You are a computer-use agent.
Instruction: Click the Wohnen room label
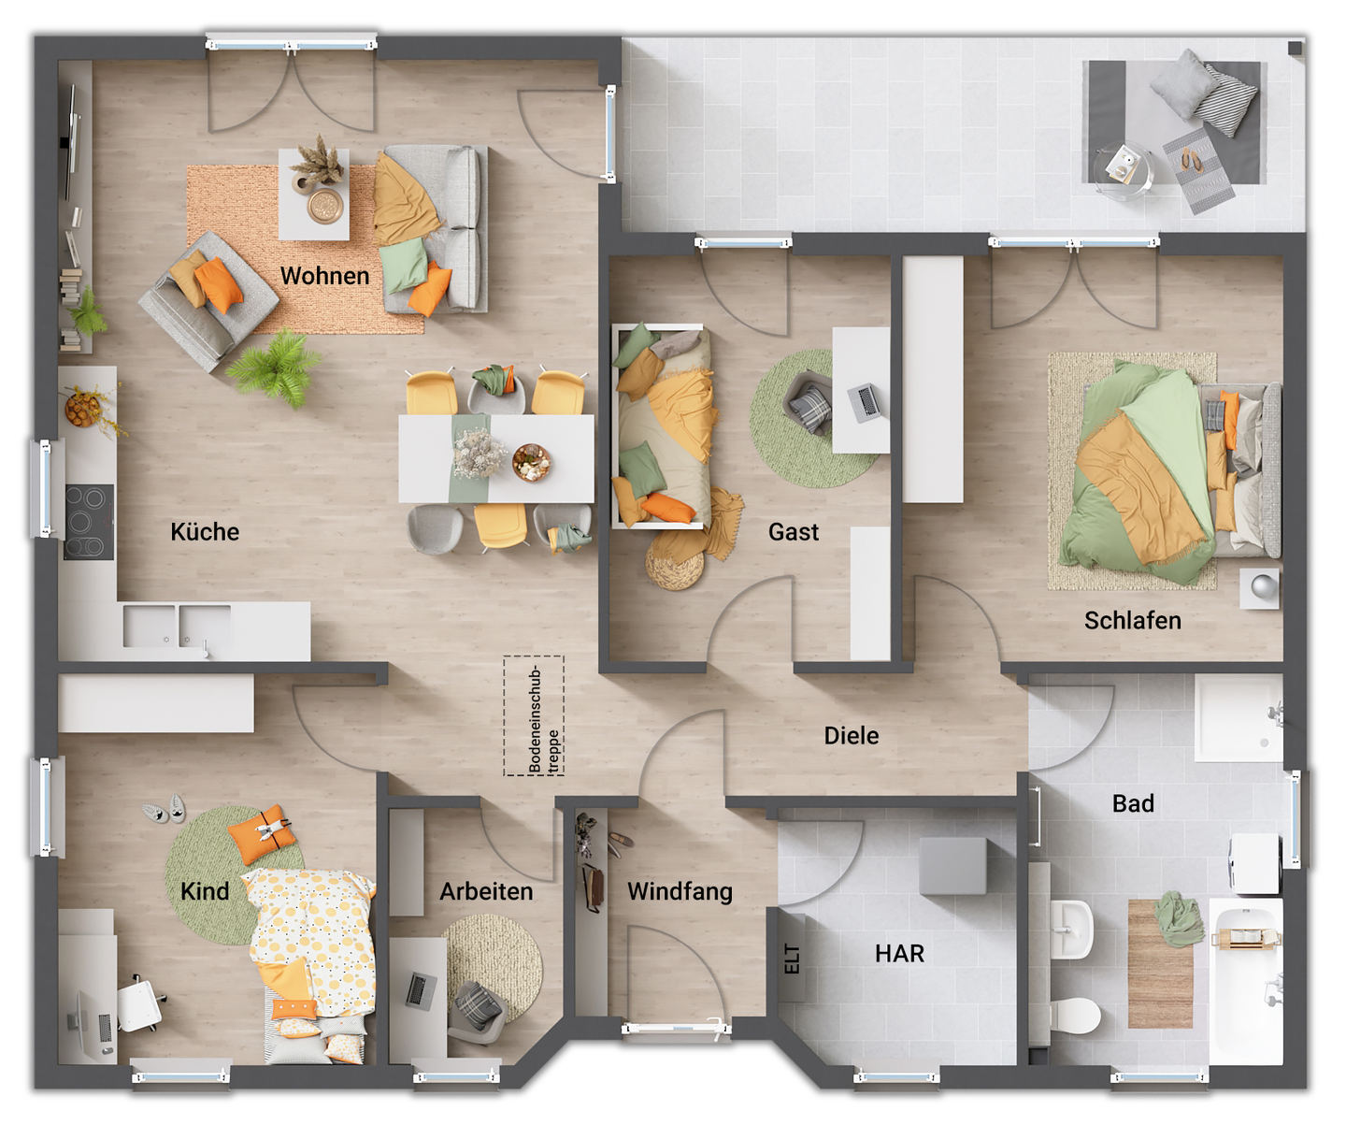click(324, 276)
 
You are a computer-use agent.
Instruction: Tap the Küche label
click(205, 532)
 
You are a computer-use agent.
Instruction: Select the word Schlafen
click(1132, 621)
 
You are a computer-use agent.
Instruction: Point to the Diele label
click(851, 736)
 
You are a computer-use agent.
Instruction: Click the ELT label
click(792, 959)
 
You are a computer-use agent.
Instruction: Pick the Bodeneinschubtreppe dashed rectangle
click(534, 716)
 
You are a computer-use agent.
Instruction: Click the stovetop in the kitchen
click(89, 522)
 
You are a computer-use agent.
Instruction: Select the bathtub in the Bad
click(1245, 982)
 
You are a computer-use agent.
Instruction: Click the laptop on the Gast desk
click(866, 401)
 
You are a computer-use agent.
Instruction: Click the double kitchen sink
click(177, 626)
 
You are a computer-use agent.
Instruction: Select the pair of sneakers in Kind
click(165, 810)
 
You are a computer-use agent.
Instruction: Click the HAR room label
click(899, 954)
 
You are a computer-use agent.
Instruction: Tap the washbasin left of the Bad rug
click(1071, 928)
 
